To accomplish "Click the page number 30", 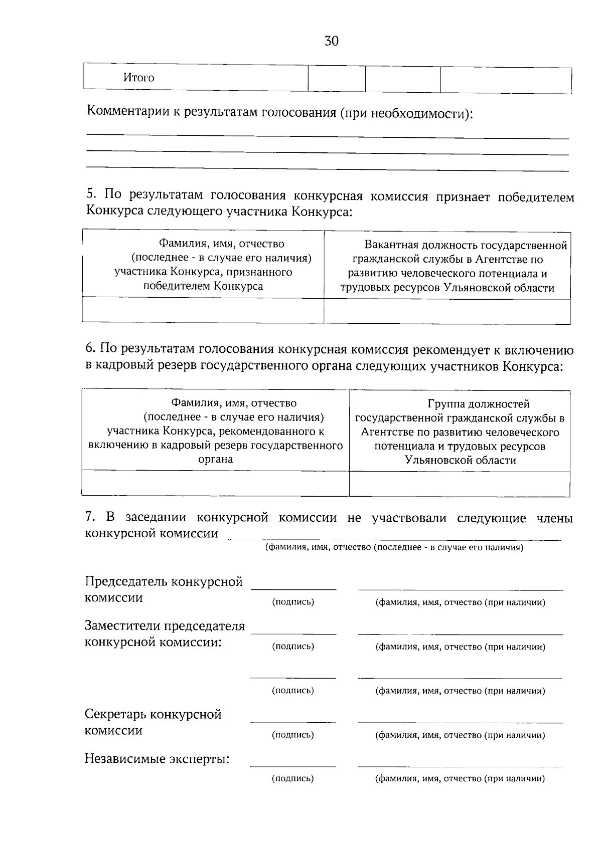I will (x=332, y=41).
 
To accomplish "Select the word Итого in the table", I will (x=138, y=78).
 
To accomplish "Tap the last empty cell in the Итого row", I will (x=506, y=80).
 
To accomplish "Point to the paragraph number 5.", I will (x=90, y=194).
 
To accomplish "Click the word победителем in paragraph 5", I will (x=535, y=197).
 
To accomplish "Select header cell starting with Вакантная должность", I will (x=447, y=266).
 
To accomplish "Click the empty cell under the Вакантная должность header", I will (x=447, y=311).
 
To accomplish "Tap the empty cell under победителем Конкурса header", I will (x=203, y=310).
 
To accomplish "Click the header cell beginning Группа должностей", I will (x=460, y=432).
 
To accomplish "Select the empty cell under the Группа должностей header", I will (x=460, y=484).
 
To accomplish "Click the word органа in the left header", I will (x=215, y=460).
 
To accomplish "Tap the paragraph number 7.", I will (x=89, y=517).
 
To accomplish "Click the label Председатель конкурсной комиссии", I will (x=164, y=589).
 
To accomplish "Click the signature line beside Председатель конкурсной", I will (x=293, y=589).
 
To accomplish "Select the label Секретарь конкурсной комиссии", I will (x=153, y=722).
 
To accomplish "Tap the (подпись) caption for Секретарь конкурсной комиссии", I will (x=293, y=735).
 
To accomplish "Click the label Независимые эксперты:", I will (x=157, y=759).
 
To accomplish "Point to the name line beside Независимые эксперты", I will (x=460, y=766).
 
